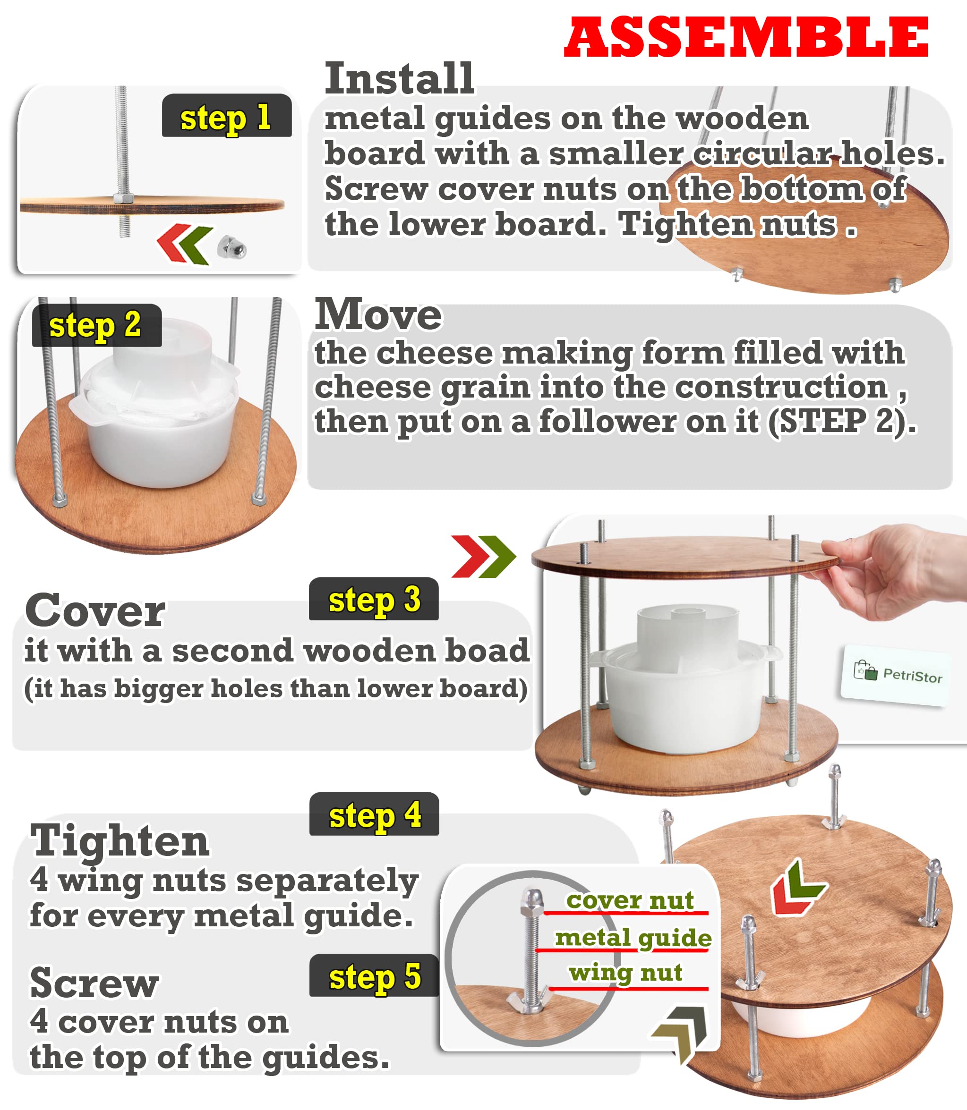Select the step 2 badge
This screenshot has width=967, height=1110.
[x=96, y=325]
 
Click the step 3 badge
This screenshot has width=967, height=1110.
[x=373, y=599]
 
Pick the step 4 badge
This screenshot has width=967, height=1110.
[x=374, y=814]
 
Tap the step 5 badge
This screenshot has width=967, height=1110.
[x=374, y=976]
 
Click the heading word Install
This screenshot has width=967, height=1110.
[x=399, y=79]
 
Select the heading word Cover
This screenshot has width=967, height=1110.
[x=95, y=610]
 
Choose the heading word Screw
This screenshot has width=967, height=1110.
[x=94, y=983]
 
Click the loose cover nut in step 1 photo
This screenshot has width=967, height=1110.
[x=231, y=247]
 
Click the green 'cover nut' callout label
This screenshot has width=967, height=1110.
[x=629, y=901]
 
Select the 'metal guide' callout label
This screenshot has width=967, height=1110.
[x=633, y=939]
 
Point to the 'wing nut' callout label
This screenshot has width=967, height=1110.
[x=625, y=973]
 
